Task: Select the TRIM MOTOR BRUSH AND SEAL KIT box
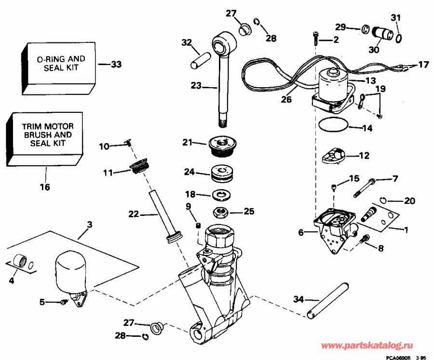pos(47,136)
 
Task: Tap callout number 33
pos(116,64)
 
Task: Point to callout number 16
pos(45,187)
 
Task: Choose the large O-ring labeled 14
pos(333,124)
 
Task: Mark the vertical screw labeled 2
pos(315,37)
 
